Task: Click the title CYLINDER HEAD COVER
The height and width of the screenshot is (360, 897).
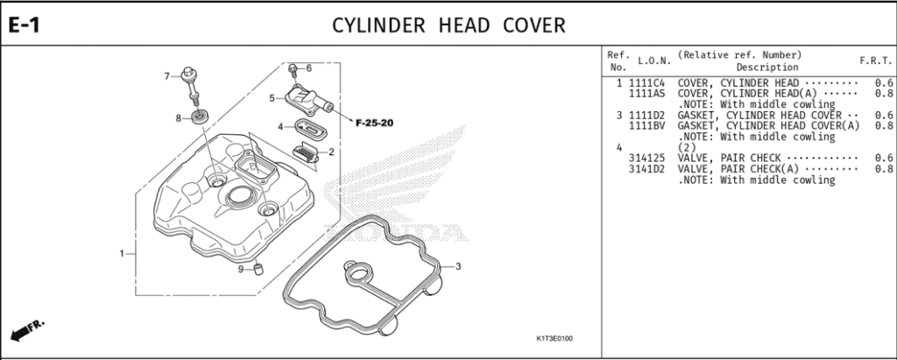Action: point(448,25)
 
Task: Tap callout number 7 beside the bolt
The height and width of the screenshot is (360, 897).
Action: point(166,76)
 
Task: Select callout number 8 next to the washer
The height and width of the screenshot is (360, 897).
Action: point(178,117)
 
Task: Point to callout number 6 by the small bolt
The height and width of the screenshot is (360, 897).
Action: point(308,67)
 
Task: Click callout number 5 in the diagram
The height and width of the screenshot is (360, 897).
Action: point(272,97)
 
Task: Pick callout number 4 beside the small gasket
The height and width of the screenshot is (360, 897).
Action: point(280,126)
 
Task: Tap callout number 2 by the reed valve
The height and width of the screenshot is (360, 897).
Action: point(331,152)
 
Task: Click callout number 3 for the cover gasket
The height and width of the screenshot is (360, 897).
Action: point(457,266)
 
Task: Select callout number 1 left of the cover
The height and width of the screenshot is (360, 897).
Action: point(122,254)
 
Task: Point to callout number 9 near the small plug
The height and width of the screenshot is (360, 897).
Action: point(240,269)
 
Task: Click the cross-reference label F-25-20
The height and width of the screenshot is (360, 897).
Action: point(374,122)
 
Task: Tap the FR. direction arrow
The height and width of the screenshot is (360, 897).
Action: point(26,330)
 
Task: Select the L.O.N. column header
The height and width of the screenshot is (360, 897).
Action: point(654,61)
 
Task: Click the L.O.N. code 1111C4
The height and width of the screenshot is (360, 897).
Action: point(646,82)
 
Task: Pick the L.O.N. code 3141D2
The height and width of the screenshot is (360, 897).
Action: point(646,169)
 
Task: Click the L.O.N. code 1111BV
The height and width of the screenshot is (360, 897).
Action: point(646,125)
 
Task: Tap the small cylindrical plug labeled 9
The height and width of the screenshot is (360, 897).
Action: point(259,267)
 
